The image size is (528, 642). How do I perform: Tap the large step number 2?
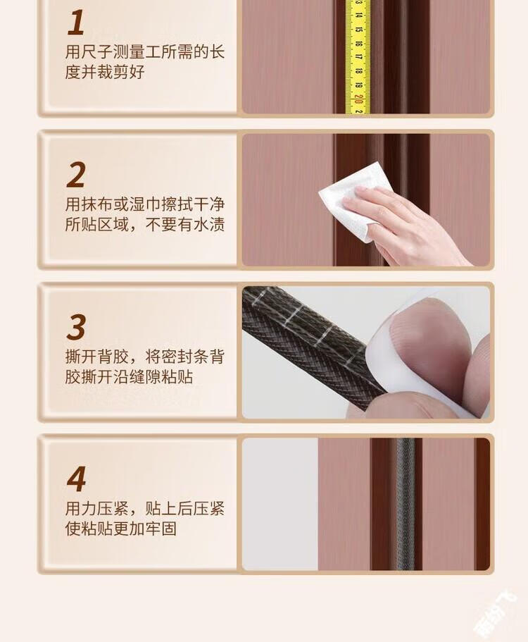pyautogui.click(x=76, y=175)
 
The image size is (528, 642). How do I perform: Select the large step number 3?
pyautogui.click(x=76, y=327)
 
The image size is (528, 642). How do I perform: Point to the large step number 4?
pyautogui.click(x=77, y=479)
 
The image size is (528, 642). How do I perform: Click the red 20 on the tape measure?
pyautogui.click(x=358, y=99)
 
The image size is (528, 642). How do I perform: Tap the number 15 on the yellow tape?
pyautogui.click(x=358, y=30)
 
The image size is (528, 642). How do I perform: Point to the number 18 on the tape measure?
pyautogui.click(x=358, y=71)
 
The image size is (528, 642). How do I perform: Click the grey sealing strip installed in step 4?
pyautogui.click(x=405, y=504)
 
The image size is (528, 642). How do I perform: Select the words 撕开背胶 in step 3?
pyautogui.click(x=97, y=357)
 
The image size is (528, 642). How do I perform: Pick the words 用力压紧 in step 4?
pyautogui.click(x=97, y=509)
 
